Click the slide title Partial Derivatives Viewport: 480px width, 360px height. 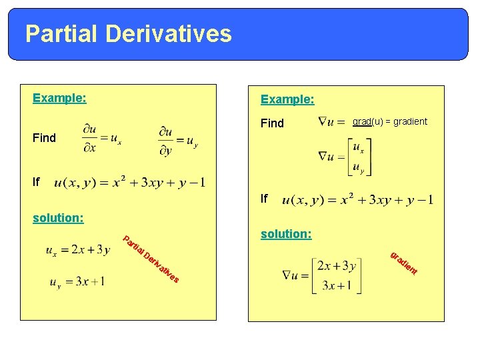pyautogui.click(x=129, y=33)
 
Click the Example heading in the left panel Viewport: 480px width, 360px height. pyautogui.click(x=59, y=99)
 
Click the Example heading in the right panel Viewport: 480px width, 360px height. pyautogui.click(x=287, y=99)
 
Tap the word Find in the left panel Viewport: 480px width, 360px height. pyautogui.click(x=45, y=138)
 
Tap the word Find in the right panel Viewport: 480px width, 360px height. pyautogui.click(x=272, y=123)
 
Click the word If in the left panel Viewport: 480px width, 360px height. pyautogui.click(x=37, y=181)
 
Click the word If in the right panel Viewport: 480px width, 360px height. pyautogui.click(x=265, y=199)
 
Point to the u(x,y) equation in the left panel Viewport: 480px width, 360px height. pyautogui.click(x=129, y=182)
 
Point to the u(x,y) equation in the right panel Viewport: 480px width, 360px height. pyautogui.click(x=357, y=199)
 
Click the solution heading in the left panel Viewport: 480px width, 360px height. pyautogui.click(x=58, y=218)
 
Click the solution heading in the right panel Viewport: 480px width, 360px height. pyautogui.click(x=286, y=235)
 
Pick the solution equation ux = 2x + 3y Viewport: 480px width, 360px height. pyautogui.click(x=77, y=251)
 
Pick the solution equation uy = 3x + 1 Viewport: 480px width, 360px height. pyautogui.click(x=77, y=282)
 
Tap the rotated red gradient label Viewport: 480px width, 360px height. pyautogui.click(x=404, y=263)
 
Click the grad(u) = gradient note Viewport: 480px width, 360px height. pyautogui.click(x=389, y=121)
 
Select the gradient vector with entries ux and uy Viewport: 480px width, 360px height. pyautogui.click(x=345, y=157)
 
